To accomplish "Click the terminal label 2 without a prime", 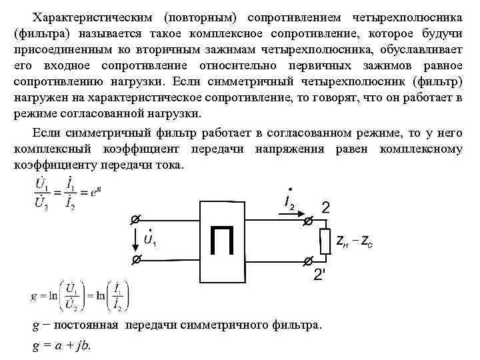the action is coord(326,207).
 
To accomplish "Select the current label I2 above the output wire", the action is coord(289,201).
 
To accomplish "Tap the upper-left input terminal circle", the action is coord(134,219).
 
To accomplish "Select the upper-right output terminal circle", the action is coord(307,219).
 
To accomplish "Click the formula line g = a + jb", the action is coord(61,345).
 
